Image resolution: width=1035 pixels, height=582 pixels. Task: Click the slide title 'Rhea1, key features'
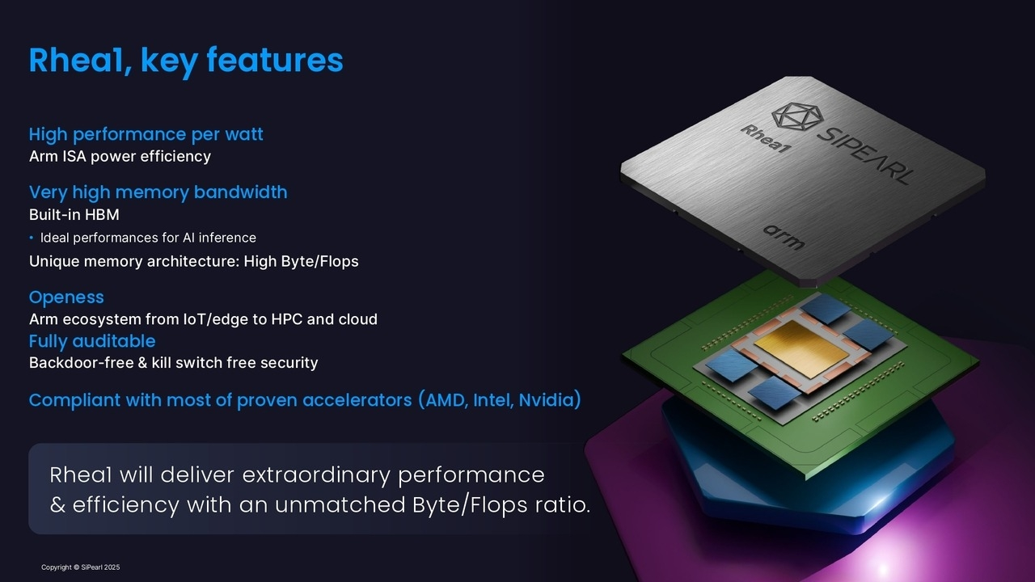(186, 61)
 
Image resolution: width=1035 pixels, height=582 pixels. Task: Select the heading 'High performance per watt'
(146, 134)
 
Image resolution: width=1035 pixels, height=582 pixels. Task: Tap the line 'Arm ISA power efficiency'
(120, 156)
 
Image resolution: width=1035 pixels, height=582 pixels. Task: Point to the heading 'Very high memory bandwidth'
(158, 192)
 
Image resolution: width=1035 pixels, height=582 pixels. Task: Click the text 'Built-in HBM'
(74, 214)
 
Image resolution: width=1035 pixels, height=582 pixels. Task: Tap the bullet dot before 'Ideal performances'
(32, 238)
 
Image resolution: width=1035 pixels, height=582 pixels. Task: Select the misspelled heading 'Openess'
(66, 297)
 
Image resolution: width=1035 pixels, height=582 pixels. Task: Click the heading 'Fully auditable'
(92, 341)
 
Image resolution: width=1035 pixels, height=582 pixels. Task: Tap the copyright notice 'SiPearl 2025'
(100, 567)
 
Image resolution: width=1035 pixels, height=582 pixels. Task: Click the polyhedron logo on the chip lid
(797, 116)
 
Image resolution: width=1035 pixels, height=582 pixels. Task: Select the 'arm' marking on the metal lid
(784, 237)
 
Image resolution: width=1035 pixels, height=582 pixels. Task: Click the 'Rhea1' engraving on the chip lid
(766, 138)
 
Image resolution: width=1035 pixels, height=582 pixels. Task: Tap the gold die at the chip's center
(801, 348)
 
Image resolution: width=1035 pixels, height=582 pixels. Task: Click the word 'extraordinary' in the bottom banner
(316, 475)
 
